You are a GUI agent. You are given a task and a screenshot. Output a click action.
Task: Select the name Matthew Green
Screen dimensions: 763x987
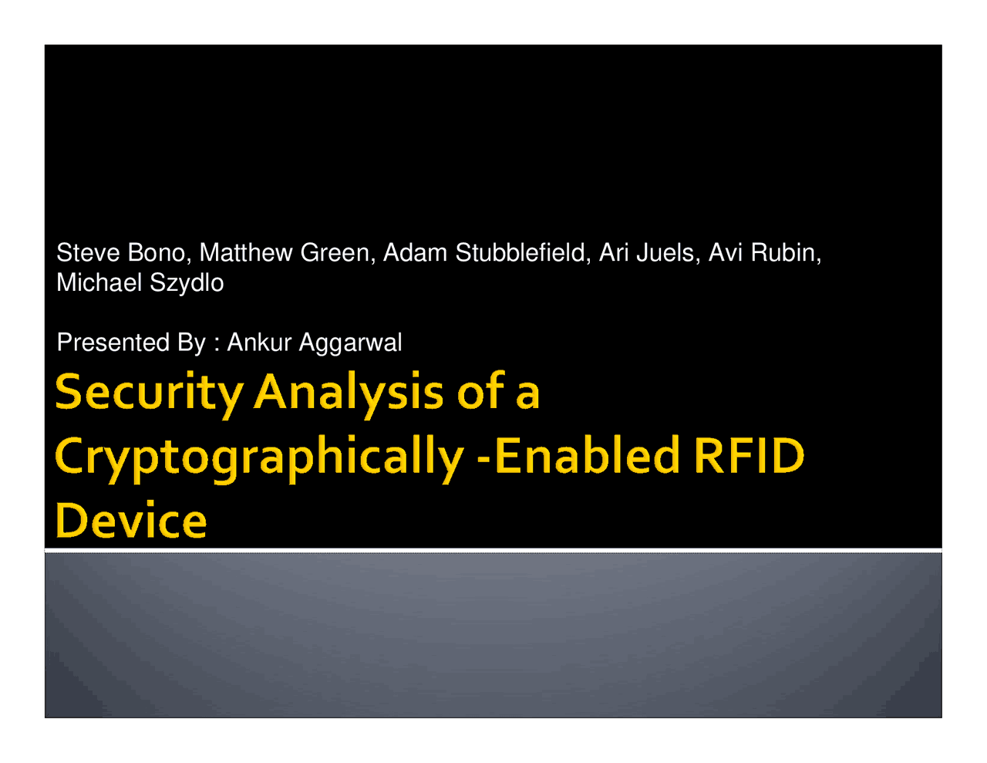pyautogui.click(x=285, y=253)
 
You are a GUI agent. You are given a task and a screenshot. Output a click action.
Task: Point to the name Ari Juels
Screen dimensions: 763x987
pyautogui.click(x=648, y=253)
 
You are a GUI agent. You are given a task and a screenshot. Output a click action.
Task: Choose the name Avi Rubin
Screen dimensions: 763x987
pyautogui.click(x=764, y=253)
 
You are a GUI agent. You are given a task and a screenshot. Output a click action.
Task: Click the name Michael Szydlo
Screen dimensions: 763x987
pyautogui.click(x=140, y=283)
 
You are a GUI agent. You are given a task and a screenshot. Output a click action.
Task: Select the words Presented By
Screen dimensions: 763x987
pyautogui.click(x=131, y=343)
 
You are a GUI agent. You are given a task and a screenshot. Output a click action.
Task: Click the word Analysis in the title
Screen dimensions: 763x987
pyautogui.click(x=349, y=393)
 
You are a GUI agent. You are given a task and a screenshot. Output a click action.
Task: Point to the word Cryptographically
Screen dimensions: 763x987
pyautogui.click(x=259, y=457)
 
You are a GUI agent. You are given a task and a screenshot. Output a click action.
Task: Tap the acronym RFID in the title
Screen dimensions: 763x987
pyautogui.click(x=749, y=456)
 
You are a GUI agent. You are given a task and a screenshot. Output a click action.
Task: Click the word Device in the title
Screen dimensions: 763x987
pyautogui.click(x=131, y=521)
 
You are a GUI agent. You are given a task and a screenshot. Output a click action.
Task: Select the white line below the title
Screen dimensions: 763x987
pyautogui.click(x=493, y=550)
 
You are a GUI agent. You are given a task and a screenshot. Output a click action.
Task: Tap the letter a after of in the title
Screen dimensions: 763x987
pyautogui.click(x=527, y=395)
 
